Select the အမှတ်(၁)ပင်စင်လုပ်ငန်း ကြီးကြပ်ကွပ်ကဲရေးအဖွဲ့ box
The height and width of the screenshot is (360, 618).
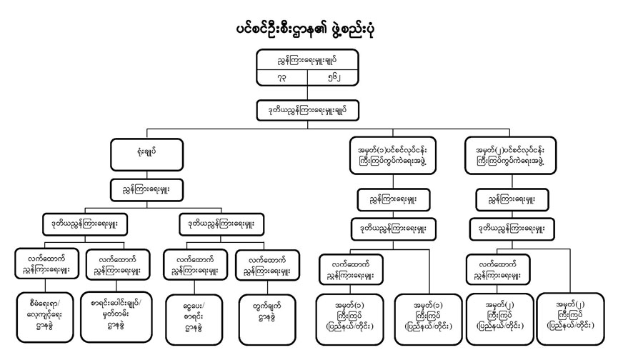pyautogui.click(x=388, y=156)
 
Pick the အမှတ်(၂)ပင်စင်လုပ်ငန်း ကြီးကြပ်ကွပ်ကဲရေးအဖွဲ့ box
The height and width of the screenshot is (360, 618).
pyautogui.click(x=508, y=156)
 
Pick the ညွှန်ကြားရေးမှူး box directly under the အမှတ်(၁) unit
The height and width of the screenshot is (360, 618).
pyautogui.click(x=388, y=197)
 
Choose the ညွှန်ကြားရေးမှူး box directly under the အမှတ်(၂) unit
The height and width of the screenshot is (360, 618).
pyautogui.click(x=508, y=197)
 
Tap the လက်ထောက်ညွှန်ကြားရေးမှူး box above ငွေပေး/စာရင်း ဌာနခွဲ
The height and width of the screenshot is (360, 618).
pyautogui.click(x=193, y=264)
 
